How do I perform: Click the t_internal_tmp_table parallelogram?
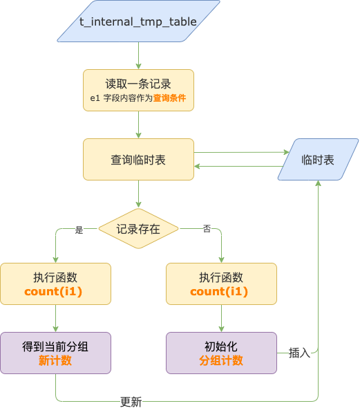point(138,21)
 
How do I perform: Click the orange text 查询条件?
point(170,98)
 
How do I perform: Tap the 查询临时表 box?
point(138,159)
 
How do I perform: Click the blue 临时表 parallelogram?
point(318,159)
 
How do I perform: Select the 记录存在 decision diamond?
point(138,228)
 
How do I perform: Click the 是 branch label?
point(79,230)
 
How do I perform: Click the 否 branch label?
point(207,229)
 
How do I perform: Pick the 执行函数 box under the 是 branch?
point(55,284)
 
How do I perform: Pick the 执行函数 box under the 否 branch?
point(221,284)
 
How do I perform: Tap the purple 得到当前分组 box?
point(55,353)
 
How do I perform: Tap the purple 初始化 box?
point(221,353)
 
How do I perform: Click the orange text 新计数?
point(55,360)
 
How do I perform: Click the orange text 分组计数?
point(221,360)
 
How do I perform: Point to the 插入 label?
point(299,353)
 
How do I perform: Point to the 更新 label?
point(131,402)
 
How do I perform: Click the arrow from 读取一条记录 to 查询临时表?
point(138,124)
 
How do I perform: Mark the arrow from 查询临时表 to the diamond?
point(138,194)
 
